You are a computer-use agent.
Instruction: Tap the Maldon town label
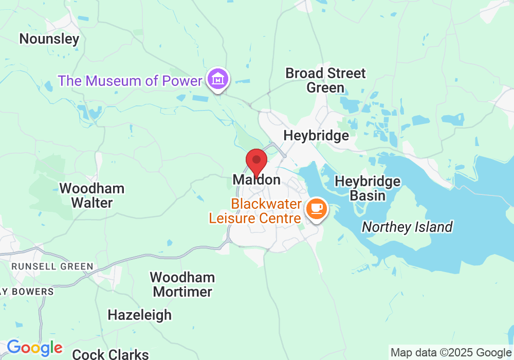click(x=256, y=179)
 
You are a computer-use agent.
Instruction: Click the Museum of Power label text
click(x=130, y=81)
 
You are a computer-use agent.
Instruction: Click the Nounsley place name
click(x=49, y=39)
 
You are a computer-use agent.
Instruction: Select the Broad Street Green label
click(x=325, y=80)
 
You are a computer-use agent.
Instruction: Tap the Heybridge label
click(x=316, y=136)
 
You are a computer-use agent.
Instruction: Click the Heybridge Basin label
click(x=368, y=188)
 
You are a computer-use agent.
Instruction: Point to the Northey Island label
click(x=407, y=227)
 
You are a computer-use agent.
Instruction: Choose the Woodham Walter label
click(x=92, y=195)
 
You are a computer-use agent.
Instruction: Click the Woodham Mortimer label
click(x=182, y=285)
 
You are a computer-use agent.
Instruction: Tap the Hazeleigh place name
click(x=139, y=315)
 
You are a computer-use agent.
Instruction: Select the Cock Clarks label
click(x=111, y=354)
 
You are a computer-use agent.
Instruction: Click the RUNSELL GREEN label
click(x=52, y=266)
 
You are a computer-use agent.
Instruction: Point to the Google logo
click(x=34, y=348)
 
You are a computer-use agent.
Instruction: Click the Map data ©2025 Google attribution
click(x=450, y=353)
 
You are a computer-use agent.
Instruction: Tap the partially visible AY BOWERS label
click(x=27, y=292)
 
